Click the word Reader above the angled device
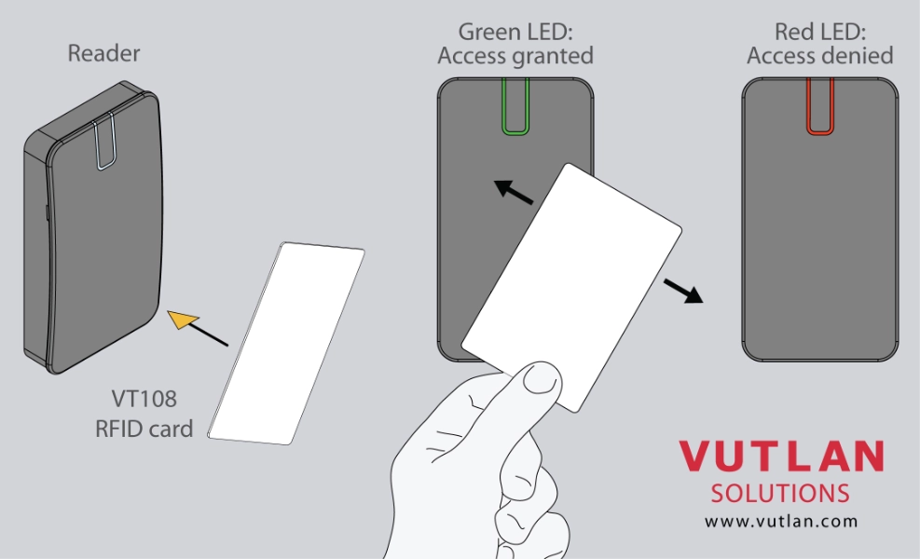tap(103, 53)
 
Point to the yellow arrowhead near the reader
tap(182, 320)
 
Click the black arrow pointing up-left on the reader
tap(514, 191)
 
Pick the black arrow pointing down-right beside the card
tap(683, 291)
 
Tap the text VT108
tap(144, 399)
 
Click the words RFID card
tap(144, 429)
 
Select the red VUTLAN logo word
tap(781, 456)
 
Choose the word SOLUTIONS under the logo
tap(780, 493)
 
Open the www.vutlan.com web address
tap(781, 521)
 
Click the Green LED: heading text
tap(515, 32)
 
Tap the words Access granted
tap(515, 56)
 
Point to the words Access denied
tap(819, 56)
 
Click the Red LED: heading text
tap(819, 32)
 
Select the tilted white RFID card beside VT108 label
tap(286, 343)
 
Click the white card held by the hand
tap(572, 287)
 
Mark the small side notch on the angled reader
tap(47, 212)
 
